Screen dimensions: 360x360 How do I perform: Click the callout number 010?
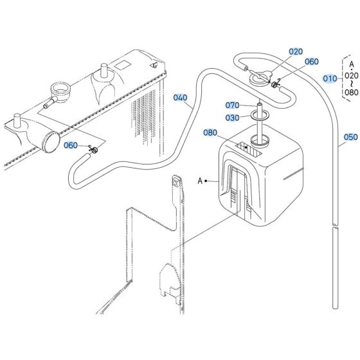coord(330,79)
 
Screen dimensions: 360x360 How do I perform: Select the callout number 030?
coord(232,117)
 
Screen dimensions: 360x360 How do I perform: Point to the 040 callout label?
coord(181,98)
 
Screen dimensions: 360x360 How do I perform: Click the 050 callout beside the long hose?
coord(350,137)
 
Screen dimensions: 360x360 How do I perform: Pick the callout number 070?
coord(232,105)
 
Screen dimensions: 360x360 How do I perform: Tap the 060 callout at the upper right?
coord(311,62)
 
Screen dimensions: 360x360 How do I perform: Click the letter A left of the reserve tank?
coord(199,181)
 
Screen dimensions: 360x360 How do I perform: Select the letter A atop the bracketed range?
coord(351,64)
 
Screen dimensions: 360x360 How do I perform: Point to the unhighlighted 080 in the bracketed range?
coord(351,92)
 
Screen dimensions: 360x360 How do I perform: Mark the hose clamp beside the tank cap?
coord(275,85)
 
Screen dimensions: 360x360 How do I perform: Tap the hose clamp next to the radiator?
coord(94,150)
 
